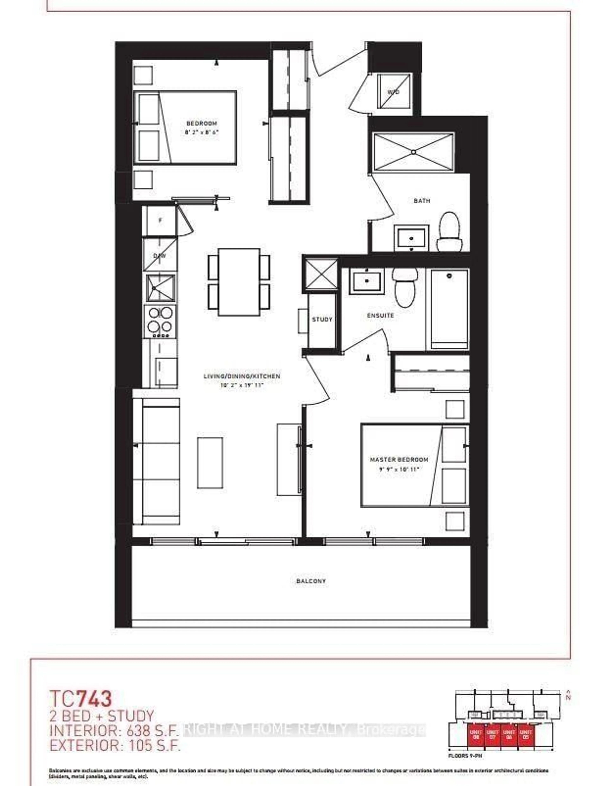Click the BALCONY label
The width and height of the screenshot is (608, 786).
pyautogui.click(x=311, y=581)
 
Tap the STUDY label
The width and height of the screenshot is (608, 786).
pyautogui.click(x=322, y=319)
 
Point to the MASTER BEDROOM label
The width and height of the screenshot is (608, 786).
pyautogui.click(x=399, y=460)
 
